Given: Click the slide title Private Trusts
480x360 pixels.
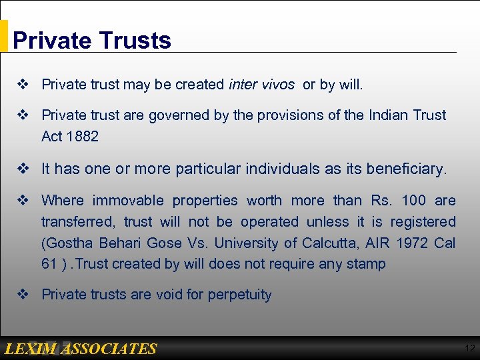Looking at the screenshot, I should pyautogui.click(x=92, y=40).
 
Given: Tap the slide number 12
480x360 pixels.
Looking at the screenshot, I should pyautogui.click(x=470, y=348).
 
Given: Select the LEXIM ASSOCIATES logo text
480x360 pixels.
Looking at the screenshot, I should pyautogui.click(x=80, y=349).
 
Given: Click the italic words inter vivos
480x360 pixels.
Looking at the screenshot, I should pyautogui.click(x=261, y=85).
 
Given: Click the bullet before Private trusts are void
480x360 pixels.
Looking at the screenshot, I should pyautogui.click(x=22, y=295).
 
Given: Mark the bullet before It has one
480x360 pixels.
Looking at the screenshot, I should pyautogui.click(x=22, y=169).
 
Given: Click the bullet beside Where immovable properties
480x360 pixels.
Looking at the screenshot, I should pyautogui.click(x=22, y=200).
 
